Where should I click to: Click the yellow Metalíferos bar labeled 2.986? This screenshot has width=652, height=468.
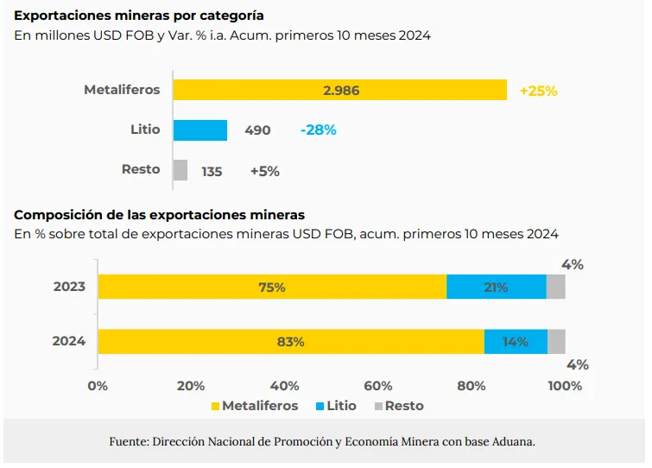point(339,90)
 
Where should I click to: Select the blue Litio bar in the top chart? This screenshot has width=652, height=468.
point(200,130)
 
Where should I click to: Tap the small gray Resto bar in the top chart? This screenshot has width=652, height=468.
point(180,170)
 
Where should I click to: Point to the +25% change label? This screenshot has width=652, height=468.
point(538,91)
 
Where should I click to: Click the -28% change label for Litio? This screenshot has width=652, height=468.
point(318,130)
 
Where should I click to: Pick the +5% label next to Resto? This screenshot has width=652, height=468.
point(264,171)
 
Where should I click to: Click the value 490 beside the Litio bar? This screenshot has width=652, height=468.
point(257,130)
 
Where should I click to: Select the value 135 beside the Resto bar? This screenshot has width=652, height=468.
point(212,171)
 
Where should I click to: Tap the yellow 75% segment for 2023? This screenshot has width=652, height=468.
point(272,287)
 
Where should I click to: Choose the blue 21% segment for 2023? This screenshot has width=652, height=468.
point(496,287)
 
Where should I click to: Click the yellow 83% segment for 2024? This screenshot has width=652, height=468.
point(290,341)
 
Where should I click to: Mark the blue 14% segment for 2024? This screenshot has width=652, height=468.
point(516,341)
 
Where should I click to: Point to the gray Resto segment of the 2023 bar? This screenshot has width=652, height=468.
point(555,287)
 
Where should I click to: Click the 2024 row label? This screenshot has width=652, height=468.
point(69,341)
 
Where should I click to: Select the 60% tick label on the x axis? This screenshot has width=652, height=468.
point(378,386)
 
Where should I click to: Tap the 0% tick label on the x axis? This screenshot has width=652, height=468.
point(98,386)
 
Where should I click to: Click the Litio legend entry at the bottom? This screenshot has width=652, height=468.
point(337,406)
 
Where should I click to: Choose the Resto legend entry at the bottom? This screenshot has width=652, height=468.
point(398,406)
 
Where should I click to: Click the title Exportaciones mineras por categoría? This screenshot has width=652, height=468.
point(139,16)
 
